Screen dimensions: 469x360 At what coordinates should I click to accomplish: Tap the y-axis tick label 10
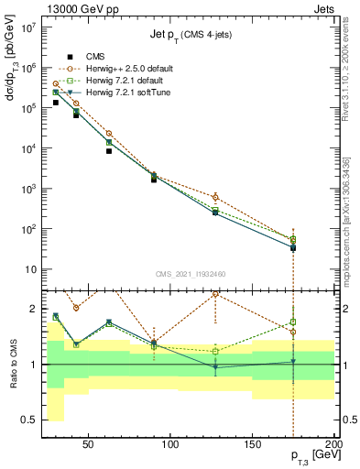coord(31,269)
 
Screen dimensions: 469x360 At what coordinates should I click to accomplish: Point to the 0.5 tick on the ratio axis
coord(29,420)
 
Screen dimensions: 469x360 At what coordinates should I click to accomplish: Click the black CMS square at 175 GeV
coord(292,248)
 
